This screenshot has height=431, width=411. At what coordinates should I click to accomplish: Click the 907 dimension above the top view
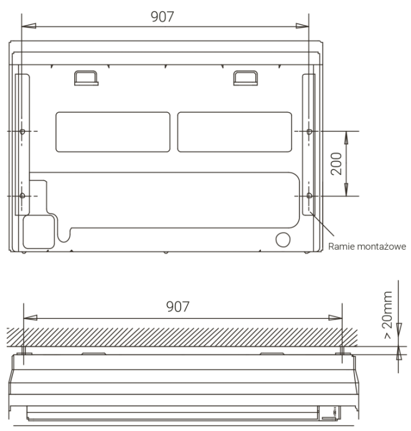tap(162, 17)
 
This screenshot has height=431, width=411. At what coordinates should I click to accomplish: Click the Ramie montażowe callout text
tap(367, 247)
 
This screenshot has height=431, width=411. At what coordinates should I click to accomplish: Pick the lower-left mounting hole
tap(22, 196)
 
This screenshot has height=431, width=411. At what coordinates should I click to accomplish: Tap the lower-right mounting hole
tap(309, 196)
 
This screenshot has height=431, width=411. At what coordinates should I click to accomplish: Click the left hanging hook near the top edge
tap(86, 77)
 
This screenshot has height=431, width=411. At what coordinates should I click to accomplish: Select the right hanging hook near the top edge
tap(245, 77)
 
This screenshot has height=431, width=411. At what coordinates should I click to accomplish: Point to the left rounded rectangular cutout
tap(113, 132)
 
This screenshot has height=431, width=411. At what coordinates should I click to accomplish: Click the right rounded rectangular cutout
tap(234, 132)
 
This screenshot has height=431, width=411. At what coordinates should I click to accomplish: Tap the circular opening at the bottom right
tap(283, 239)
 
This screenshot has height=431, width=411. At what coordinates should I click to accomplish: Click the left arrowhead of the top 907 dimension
tap(29, 26)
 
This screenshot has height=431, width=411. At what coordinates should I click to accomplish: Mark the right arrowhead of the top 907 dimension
tap(302, 26)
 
